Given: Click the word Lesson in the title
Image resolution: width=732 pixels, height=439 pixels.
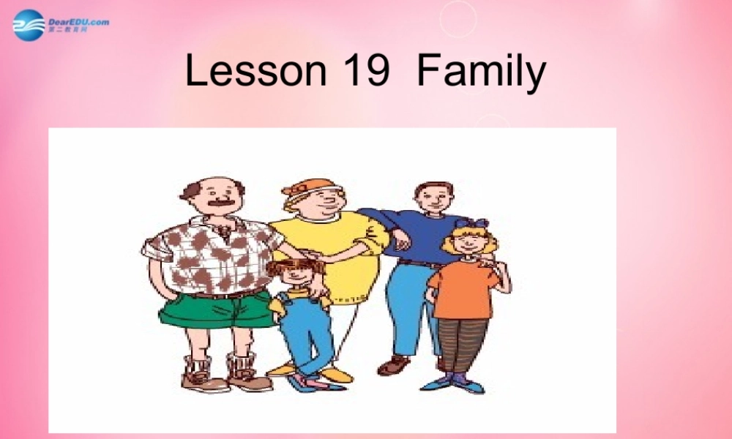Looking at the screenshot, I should click(255, 71).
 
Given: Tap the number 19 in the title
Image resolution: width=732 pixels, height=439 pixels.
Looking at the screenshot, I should click(365, 71).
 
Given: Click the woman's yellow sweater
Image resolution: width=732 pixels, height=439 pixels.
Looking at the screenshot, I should click(344, 249).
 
